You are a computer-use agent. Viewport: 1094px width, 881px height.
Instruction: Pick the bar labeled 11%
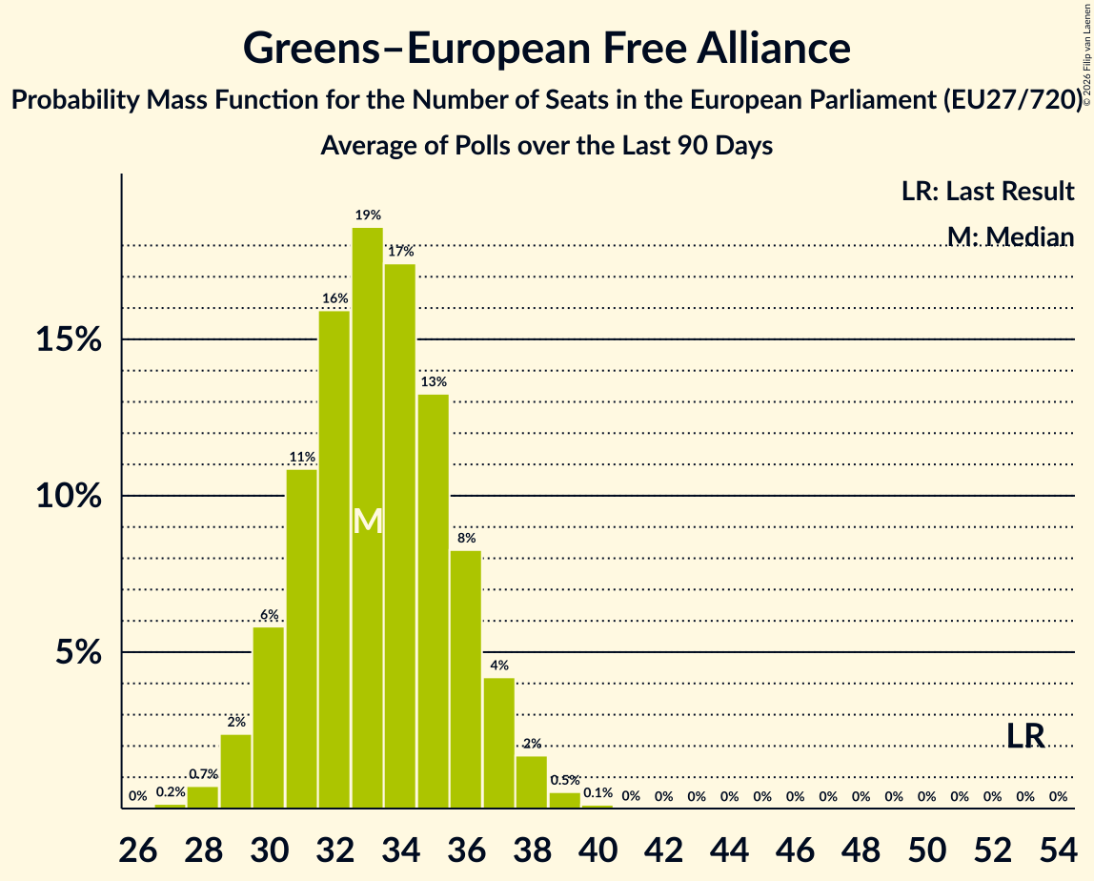coord(301,639)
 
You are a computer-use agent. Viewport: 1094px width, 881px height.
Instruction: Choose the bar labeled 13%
coord(433,601)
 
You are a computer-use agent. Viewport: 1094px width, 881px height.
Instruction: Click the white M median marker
coord(367,521)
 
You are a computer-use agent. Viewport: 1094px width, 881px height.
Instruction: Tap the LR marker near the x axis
coord(1025,735)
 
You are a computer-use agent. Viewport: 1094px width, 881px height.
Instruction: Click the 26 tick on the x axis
coord(139,847)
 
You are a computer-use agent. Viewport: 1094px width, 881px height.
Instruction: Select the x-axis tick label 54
coord(1058,847)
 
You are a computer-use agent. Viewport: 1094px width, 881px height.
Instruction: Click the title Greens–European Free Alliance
coord(547,48)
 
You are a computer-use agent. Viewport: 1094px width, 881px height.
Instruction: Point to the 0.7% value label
coord(203,774)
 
